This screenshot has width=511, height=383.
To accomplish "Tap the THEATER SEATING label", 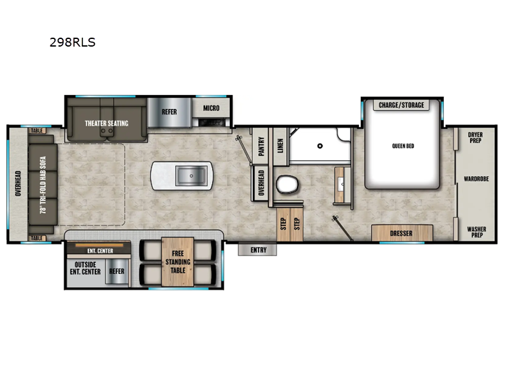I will click(107, 123).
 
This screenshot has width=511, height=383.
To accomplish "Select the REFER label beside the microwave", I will click(169, 111).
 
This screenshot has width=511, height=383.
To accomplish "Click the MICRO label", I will click(211, 108).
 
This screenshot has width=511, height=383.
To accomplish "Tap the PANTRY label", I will click(261, 148).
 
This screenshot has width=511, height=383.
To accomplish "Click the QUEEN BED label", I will click(403, 146).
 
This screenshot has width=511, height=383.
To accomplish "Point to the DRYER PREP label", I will click(475, 138).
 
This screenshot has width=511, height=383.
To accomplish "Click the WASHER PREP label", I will click(475, 232).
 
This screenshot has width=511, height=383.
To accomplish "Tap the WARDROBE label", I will click(476, 179).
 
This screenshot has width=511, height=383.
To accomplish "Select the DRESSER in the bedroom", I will click(401, 233).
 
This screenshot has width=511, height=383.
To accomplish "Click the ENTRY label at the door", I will click(258, 250).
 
